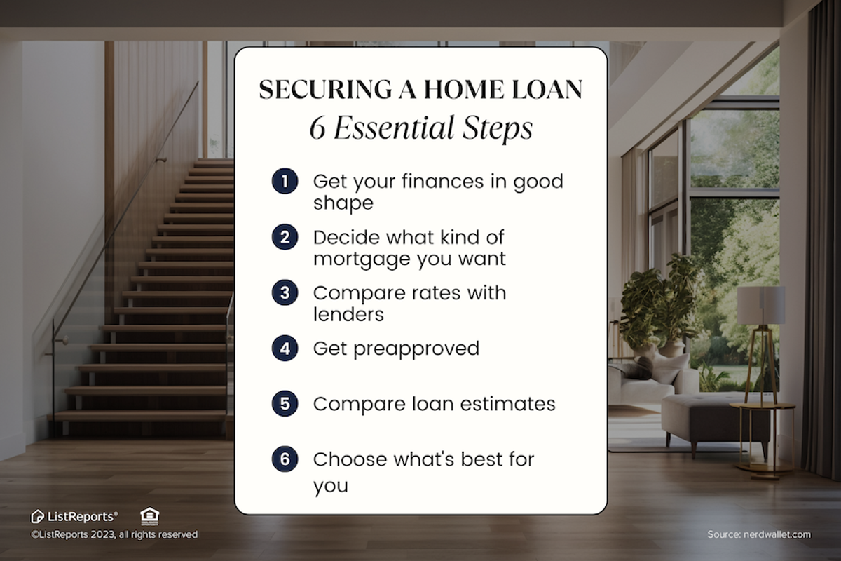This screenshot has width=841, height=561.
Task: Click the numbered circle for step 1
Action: (285, 181)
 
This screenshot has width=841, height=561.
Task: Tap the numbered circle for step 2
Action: (285, 236)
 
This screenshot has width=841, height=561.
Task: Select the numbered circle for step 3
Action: (285, 292)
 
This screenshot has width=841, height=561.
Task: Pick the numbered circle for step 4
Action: (285, 349)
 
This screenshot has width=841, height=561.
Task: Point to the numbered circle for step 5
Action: (285, 404)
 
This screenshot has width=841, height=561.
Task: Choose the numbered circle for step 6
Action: (285, 459)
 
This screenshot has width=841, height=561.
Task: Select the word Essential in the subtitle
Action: (401, 129)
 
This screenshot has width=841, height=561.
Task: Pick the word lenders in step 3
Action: (348, 314)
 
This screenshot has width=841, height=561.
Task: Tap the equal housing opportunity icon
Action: (149, 516)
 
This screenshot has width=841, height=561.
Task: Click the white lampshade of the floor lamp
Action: (760, 304)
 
